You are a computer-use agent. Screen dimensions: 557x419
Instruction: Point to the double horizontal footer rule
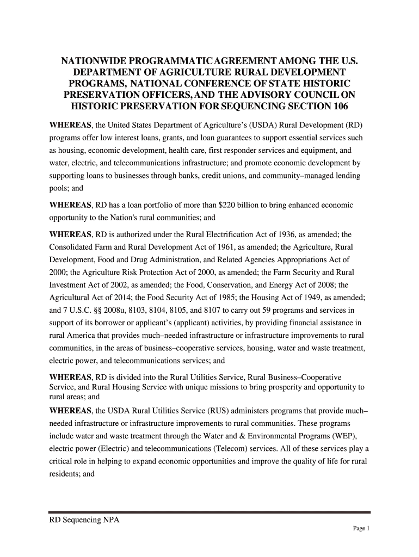click(x=209, y=512)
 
